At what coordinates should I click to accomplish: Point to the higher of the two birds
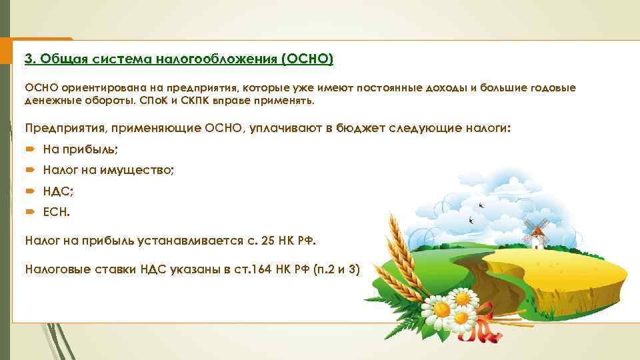481,199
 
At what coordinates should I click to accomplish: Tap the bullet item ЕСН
56,213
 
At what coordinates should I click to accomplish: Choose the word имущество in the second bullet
137,171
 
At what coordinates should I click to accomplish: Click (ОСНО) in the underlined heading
307,59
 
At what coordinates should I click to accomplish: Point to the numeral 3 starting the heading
28,59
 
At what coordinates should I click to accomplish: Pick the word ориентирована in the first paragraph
102,89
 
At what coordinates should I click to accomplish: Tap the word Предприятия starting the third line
63,127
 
